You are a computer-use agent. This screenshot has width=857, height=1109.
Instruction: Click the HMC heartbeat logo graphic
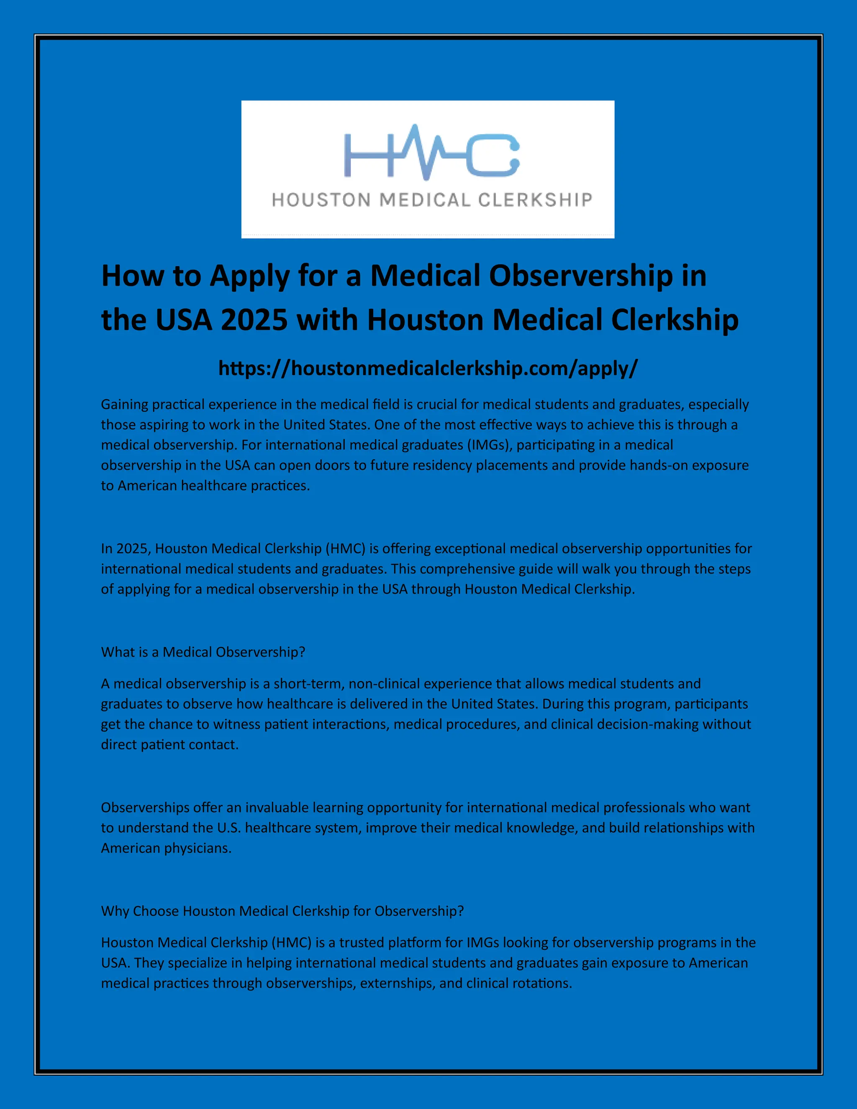(431, 152)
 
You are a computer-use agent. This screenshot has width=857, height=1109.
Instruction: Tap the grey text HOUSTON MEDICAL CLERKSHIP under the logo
(432, 200)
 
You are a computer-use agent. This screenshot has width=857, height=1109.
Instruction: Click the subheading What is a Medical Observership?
(203, 652)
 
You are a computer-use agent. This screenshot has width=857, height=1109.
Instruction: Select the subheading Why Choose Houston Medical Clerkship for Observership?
(282, 911)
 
